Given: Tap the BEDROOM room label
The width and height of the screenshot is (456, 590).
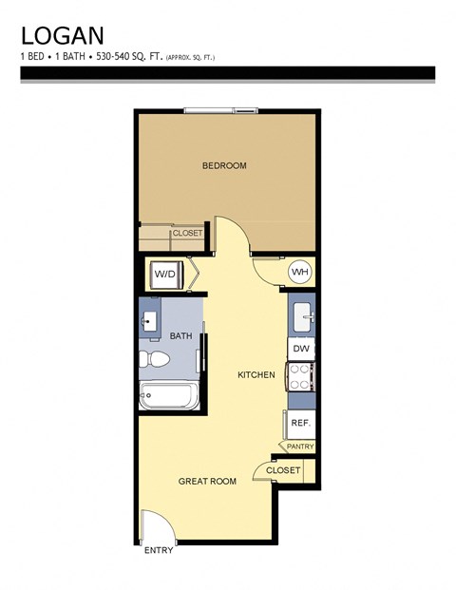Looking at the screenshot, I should [224, 166].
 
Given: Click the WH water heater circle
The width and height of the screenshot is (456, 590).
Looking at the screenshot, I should [300, 274].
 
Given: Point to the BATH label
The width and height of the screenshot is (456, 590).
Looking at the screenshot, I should [180, 336].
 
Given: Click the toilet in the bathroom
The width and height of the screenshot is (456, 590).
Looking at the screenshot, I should [154, 361].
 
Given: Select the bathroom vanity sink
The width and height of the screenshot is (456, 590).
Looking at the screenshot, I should [151, 319].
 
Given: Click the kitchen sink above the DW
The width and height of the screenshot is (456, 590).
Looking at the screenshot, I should [300, 316].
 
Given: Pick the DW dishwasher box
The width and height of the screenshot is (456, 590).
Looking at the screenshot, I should [300, 350].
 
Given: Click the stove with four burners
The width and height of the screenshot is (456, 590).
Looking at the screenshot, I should [300, 378].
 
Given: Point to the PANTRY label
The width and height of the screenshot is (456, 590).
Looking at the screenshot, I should [300, 447].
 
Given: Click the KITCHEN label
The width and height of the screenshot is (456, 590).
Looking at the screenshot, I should [256, 375].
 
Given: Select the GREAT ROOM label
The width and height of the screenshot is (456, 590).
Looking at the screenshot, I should [207, 482].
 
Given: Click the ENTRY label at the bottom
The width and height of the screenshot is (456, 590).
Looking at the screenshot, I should [158, 551].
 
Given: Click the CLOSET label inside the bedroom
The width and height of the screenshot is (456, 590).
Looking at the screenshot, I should [187, 233].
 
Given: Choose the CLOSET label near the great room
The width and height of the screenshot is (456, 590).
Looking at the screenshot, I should [283, 470].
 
